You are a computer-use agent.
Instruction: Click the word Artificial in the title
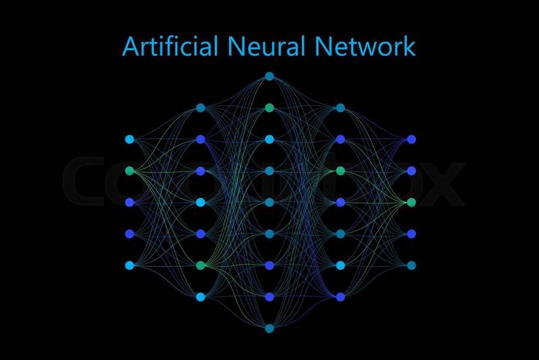(170, 47)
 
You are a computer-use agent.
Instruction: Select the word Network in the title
(364, 47)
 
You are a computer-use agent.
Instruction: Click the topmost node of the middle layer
(269, 76)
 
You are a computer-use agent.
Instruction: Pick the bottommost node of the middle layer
(269, 328)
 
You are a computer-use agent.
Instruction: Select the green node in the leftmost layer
(129, 171)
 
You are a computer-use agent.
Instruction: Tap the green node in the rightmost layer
(412, 202)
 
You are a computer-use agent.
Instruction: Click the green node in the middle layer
(269, 108)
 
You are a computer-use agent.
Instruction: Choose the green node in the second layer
(200, 266)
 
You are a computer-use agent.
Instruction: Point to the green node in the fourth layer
(340, 171)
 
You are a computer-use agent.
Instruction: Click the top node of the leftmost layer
(129, 140)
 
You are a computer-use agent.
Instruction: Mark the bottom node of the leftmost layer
(129, 266)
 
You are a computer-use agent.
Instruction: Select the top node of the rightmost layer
(412, 140)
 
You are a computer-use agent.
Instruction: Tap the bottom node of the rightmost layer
(412, 266)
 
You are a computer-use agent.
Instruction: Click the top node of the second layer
(200, 108)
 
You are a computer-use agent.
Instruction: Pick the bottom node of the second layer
(200, 297)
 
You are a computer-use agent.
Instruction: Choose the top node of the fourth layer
(340, 108)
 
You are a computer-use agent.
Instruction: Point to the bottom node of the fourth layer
(340, 297)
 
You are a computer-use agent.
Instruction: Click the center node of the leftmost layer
(129, 202)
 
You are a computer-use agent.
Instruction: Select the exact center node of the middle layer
(269, 202)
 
